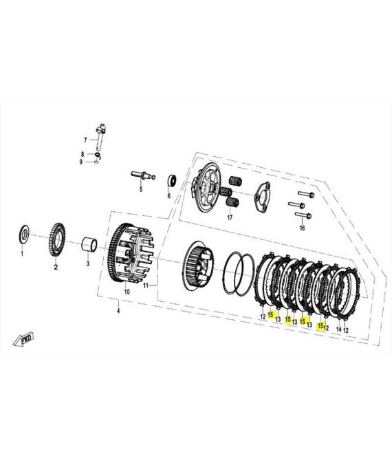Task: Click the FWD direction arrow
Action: (23, 338)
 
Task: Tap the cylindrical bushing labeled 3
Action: (89, 244)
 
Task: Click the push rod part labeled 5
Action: (143, 175)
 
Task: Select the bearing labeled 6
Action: (172, 181)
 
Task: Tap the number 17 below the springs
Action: (230, 217)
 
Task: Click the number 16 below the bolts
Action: (302, 228)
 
